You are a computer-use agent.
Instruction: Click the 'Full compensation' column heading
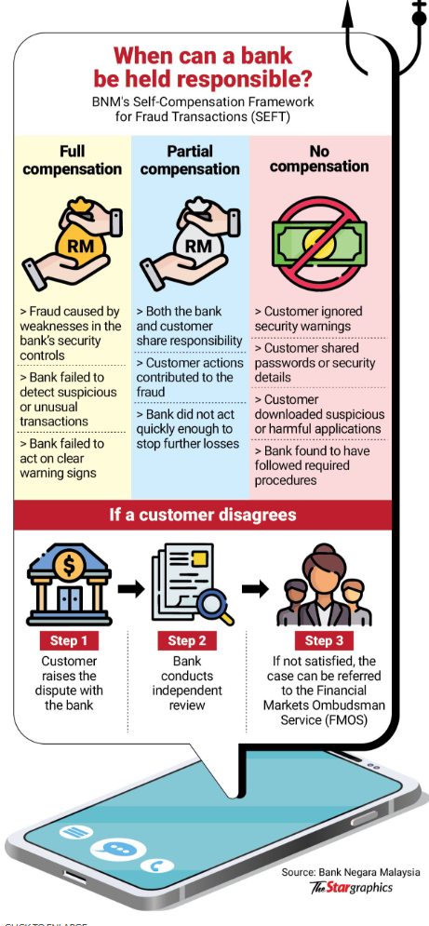click(x=73, y=160)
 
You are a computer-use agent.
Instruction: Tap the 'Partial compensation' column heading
click(x=190, y=160)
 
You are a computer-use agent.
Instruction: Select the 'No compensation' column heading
click(x=320, y=158)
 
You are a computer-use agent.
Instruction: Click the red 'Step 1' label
click(x=69, y=641)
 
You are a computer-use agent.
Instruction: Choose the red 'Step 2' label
click(x=187, y=641)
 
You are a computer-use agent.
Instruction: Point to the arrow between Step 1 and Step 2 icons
click(x=130, y=588)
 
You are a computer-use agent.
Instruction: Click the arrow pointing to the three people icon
click(x=255, y=588)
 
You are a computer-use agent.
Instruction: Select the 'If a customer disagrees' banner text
click(x=203, y=515)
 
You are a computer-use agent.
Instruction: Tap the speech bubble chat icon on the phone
click(x=111, y=850)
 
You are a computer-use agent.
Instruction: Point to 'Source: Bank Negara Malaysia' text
click(x=351, y=872)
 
